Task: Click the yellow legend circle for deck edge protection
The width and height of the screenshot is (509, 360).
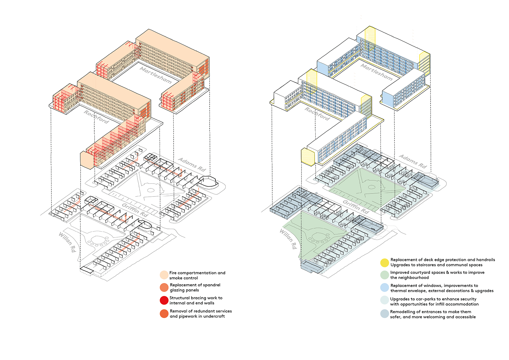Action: pyautogui.click(x=384, y=263)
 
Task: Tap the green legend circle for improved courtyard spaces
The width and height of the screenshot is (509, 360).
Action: pyautogui.click(x=384, y=275)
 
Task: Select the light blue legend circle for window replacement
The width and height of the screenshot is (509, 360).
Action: pyautogui.click(x=384, y=288)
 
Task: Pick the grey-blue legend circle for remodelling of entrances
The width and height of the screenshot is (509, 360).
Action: pyautogui.click(x=384, y=314)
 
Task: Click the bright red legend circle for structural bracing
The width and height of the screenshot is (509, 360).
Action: pyautogui.click(x=164, y=300)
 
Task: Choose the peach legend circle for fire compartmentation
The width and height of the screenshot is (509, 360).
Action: pyautogui.click(x=164, y=275)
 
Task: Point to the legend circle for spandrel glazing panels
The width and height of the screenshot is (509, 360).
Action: pyautogui.click(x=164, y=288)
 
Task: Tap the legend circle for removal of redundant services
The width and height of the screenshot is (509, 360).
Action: pyautogui.click(x=164, y=314)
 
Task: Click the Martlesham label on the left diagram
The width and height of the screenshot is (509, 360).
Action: pyautogui.click(x=156, y=75)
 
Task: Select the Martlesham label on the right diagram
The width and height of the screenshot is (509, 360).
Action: pyautogui.click(x=376, y=72)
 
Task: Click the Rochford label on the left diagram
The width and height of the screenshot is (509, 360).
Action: pyautogui.click(x=96, y=117)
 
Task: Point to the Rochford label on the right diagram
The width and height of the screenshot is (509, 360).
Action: pyautogui.click(x=317, y=114)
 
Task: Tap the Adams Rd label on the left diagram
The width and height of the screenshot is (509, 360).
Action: pyautogui.click(x=192, y=164)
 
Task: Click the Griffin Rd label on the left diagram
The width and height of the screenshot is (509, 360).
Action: pyautogui.click(x=135, y=210)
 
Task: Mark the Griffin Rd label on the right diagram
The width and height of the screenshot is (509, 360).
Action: pyautogui.click(x=356, y=207)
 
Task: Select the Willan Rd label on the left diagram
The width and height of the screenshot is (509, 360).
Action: pyautogui.click(x=67, y=242)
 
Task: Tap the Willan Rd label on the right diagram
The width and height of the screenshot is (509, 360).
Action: pyautogui.click(x=288, y=239)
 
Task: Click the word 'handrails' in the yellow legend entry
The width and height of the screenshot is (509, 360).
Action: pyautogui.click(x=485, y=260)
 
